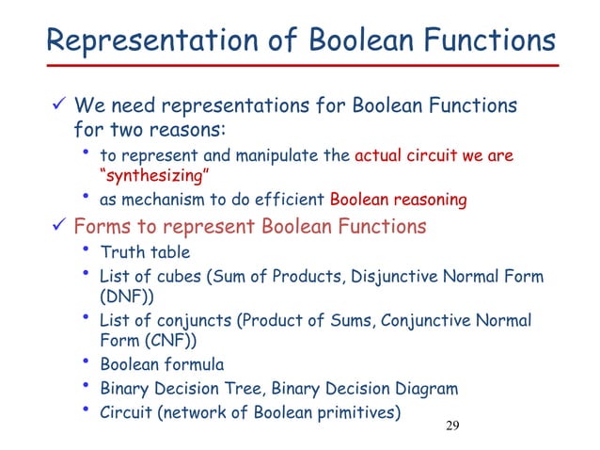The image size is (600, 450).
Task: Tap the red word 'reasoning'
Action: [429, 199]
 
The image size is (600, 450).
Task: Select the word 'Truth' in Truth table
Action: [120, 252]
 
